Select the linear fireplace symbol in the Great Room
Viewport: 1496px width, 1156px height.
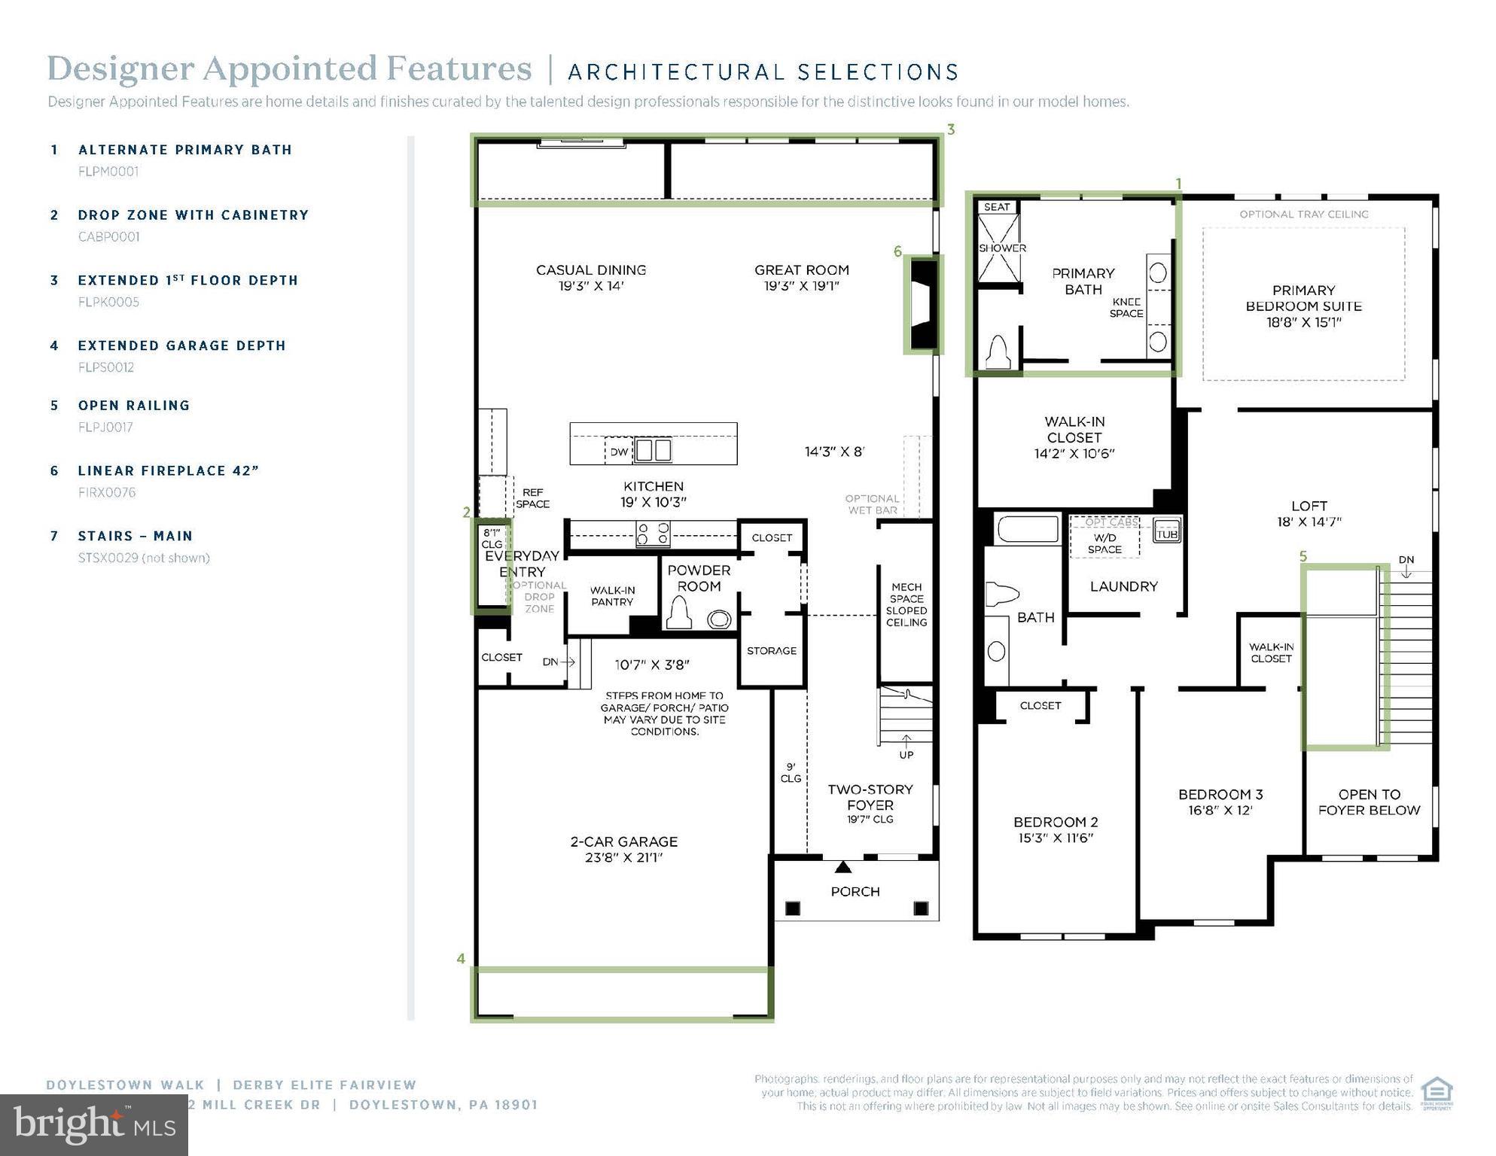pos(923,304)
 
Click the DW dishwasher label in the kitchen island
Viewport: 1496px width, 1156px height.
pos(618,452)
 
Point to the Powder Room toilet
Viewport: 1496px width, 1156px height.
pos(680,613)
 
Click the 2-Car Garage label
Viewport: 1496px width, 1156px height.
pos(623,842)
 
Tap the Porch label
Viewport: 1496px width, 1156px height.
pos(855,892)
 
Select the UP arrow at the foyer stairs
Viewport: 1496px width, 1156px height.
pos(906,741)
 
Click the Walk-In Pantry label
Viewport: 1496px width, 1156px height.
pos(611,596)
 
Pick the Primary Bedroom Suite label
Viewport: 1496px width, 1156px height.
pos(1303,306)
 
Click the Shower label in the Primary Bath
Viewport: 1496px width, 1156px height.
pos(1001,248)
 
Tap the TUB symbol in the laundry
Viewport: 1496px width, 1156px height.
pos(1166,534)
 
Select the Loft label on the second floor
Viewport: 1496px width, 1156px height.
pos(1309,507)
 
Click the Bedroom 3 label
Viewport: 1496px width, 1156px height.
pos(1220,795)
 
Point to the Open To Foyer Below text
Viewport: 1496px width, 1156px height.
pos(1368,802)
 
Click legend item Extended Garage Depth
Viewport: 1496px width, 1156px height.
pos(181,346)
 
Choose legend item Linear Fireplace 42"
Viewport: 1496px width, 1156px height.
pos(168,471)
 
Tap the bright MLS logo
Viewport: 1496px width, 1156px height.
pos(94,1125)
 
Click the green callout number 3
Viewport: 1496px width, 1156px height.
pos(951,129)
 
